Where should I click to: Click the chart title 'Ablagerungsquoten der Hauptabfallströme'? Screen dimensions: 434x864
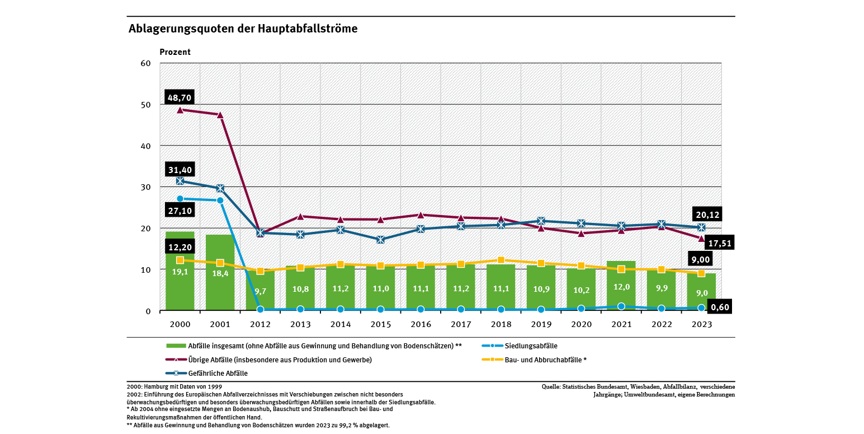click(x=243, y=29)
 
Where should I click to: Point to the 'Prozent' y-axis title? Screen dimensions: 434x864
click(x=175, y=52)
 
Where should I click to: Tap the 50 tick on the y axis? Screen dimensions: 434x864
click(x=146, y=105)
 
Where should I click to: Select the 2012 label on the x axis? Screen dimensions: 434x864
click(x=260, y=324)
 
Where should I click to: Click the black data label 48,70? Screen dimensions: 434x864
click(x=180, y=98)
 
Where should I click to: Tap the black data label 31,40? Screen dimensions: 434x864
click(x=180, y=170)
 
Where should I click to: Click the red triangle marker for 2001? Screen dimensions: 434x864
click(x=220, y=115)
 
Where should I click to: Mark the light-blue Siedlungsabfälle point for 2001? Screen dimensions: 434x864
click(x=220, y=200)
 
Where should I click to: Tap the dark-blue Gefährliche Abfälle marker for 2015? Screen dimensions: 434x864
click(x=381, y=240)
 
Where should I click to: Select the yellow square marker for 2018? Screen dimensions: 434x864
click(x=501, y=260)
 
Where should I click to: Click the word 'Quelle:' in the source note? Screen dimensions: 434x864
click(x=552, y=386)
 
